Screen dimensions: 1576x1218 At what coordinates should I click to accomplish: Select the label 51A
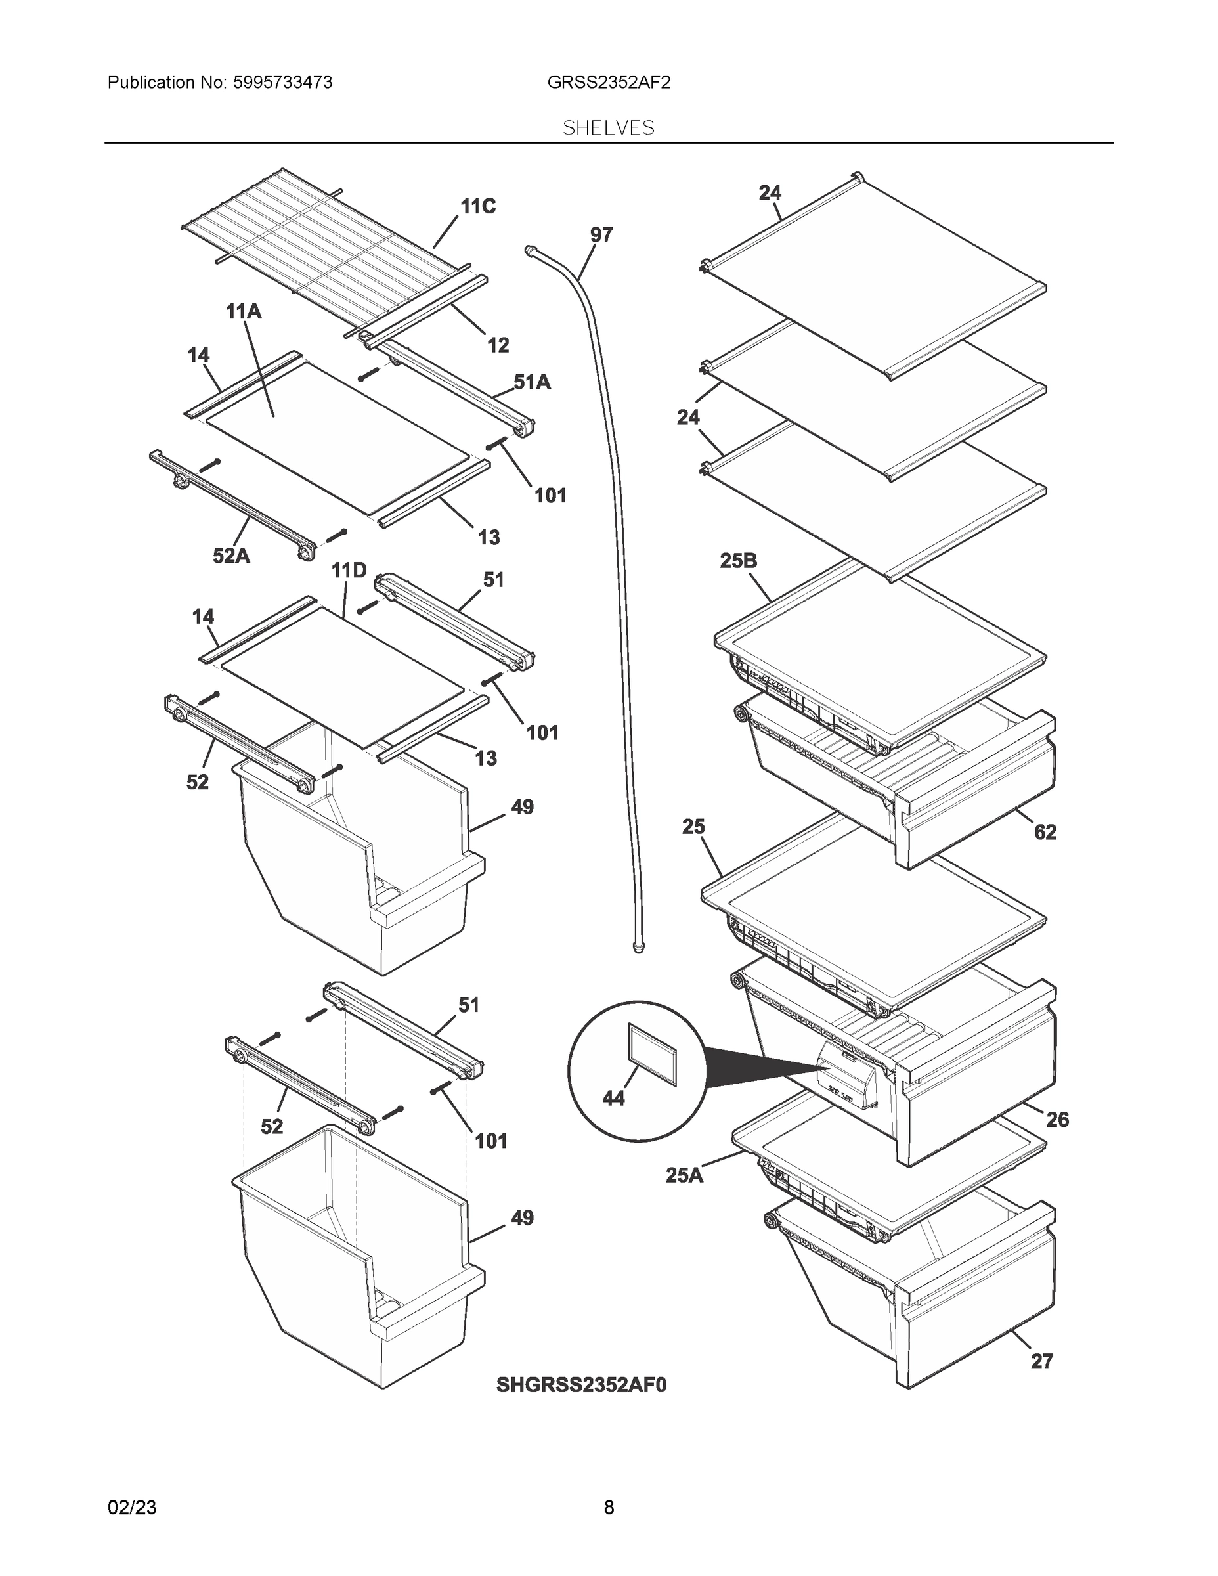click(x=532, y=382)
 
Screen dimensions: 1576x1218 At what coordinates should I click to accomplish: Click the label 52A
click(x=231, y=556)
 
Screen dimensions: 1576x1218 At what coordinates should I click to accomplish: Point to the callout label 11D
click(x=349, y=571)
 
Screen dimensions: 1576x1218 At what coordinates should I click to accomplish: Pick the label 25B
click(x=738, y=561)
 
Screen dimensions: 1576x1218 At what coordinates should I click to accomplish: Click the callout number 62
click(x=1045, y=832)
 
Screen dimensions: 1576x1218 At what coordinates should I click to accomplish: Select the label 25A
click(x=684, y=1175)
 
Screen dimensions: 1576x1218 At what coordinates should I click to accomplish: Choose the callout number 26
click(x=1057, y=1119)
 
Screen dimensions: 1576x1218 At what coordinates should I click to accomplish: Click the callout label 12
click(x=498, y=345)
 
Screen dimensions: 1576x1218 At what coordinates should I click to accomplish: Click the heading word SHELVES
click(x=608, y=128)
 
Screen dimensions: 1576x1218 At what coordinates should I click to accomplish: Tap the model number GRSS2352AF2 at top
click(x=608, y=82)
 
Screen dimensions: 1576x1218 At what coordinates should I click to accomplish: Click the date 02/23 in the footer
click(x=132, y=1508)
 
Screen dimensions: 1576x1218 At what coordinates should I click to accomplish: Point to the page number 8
click(x=608, y=1508)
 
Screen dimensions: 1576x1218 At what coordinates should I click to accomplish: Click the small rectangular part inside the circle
click(x=653, y=1053)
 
